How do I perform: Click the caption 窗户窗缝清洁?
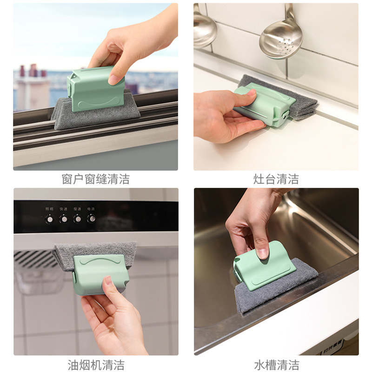pyautogui.click(x=95, y=179)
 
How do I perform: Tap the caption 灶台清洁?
pyautogui.click(x=276, y=179)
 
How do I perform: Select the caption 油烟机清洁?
pyautogui.click(x=95, y=364)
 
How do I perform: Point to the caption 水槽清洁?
pyautogui.click(x=276, y=364)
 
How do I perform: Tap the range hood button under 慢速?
pyautogui.click(x=77, y=218)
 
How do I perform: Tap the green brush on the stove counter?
pyautogui.click(x=264, y=105)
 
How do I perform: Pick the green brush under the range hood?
pyautogui.click(x=100, y=274)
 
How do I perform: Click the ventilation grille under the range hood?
pyautogui.click(x=35, y=259)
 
